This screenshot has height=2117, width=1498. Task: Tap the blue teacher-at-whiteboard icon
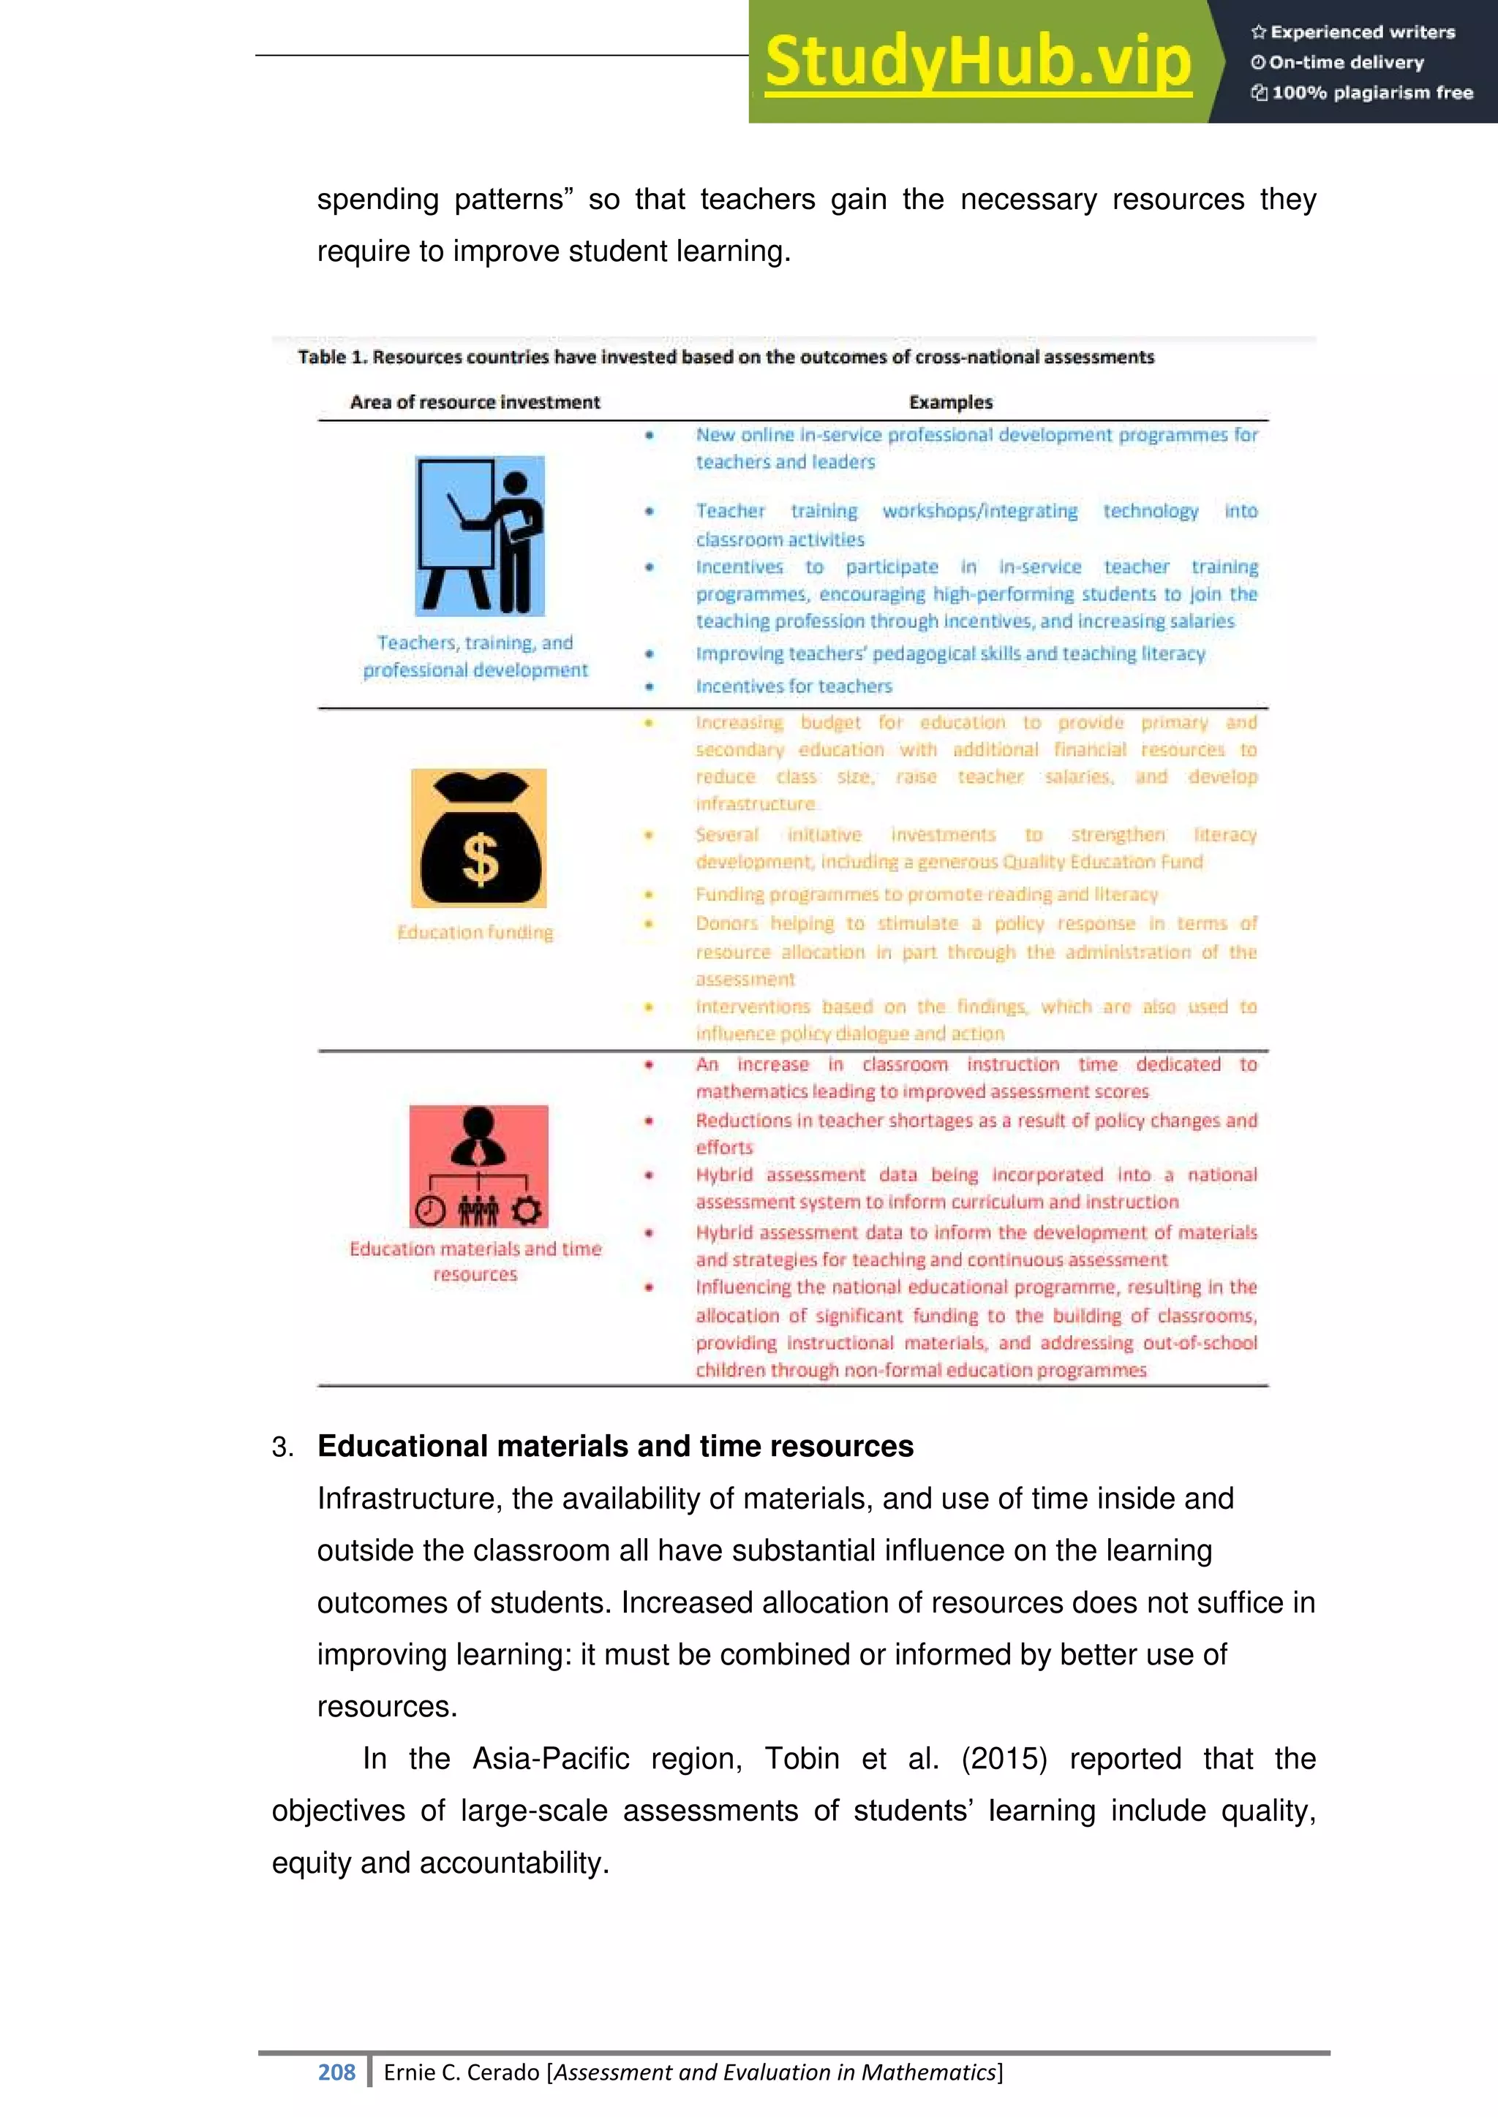click(x=480, y=536)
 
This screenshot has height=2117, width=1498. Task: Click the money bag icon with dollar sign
click(x=479, y=838)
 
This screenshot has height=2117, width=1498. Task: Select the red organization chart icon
click(x=479, y=1167)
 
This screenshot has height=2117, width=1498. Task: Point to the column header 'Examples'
click(x=950, y=402)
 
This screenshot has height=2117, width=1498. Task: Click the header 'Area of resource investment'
click(x=475, y=402)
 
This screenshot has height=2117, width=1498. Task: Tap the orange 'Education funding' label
click(x=475, y=932)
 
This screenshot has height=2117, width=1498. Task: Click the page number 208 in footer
click(x=336, y=2072)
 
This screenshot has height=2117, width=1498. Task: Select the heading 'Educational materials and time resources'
click(x=615, y=1446)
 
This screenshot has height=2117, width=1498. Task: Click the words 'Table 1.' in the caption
click(x=332, y=357)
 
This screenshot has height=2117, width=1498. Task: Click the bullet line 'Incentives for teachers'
click(x=794, y=686)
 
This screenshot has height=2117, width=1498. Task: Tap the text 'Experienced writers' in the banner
click(x=1363, y=32)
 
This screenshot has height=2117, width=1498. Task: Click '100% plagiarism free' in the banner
click(x=1371, y=92)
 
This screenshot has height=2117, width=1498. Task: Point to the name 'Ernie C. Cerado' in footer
click(x=462, y=2072)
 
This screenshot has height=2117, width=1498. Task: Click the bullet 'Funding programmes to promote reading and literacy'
click(x=926, y=893)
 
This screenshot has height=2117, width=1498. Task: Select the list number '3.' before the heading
click(x=282, y=1447)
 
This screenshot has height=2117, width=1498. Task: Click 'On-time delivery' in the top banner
click(x=1346, y=63)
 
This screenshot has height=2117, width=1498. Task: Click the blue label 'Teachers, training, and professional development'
click(x=475, y=656)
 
